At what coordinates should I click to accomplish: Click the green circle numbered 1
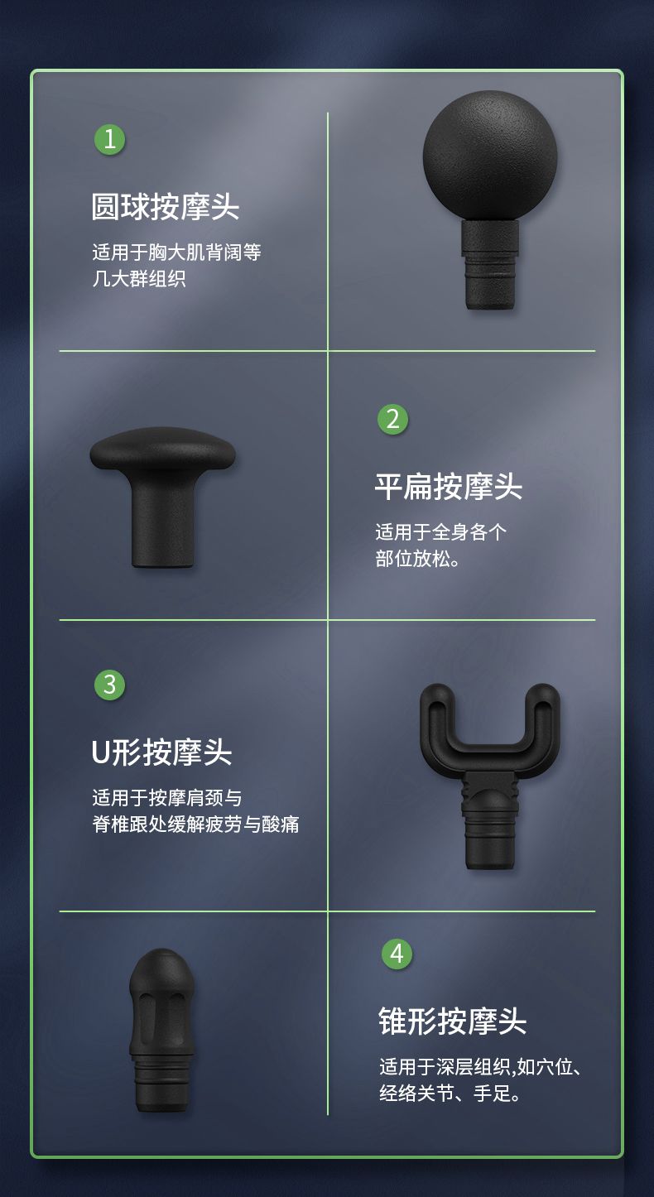[109, 139]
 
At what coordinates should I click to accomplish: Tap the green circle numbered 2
[392, 419]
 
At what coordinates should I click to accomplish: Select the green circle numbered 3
[109, 685]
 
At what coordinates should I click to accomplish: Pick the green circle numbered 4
[397, 954]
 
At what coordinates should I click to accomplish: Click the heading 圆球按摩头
[165, 207]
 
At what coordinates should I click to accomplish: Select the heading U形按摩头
[161, 752]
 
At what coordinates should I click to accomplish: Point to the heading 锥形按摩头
[453, 1021]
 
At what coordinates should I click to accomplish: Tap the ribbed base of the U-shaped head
[490, 820]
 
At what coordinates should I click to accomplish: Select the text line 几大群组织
[139, 279]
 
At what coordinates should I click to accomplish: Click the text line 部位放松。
[417, 559]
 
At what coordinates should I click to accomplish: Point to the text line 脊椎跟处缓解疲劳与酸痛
[195, 824]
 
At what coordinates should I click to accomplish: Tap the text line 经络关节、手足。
[450, 1094]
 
